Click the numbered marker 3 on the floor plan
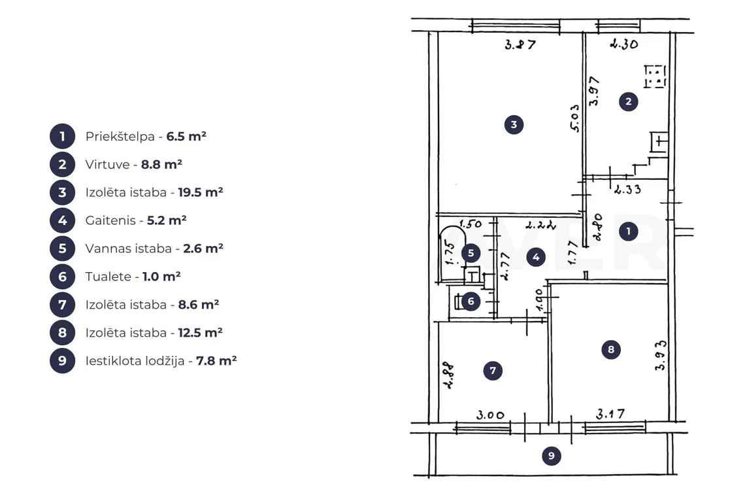point(514,125)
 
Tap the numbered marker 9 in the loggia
point(551,456)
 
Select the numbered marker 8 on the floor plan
point(611,350)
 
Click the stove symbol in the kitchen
point(655,77)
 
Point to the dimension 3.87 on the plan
point(520,44)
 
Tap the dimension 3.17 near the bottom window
point(610,414)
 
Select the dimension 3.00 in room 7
point(490,415)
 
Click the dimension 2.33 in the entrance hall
point(627,189)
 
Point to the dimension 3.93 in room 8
point(661,355)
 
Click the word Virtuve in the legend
point(107,165)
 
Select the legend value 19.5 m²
point(201,192)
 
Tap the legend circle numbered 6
point(62,277)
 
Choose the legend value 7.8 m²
point(216,360)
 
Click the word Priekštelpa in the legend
point(120,137)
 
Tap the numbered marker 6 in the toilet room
point(471,301)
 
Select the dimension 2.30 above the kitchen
point(624,44)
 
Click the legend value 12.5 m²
point(200,332)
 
